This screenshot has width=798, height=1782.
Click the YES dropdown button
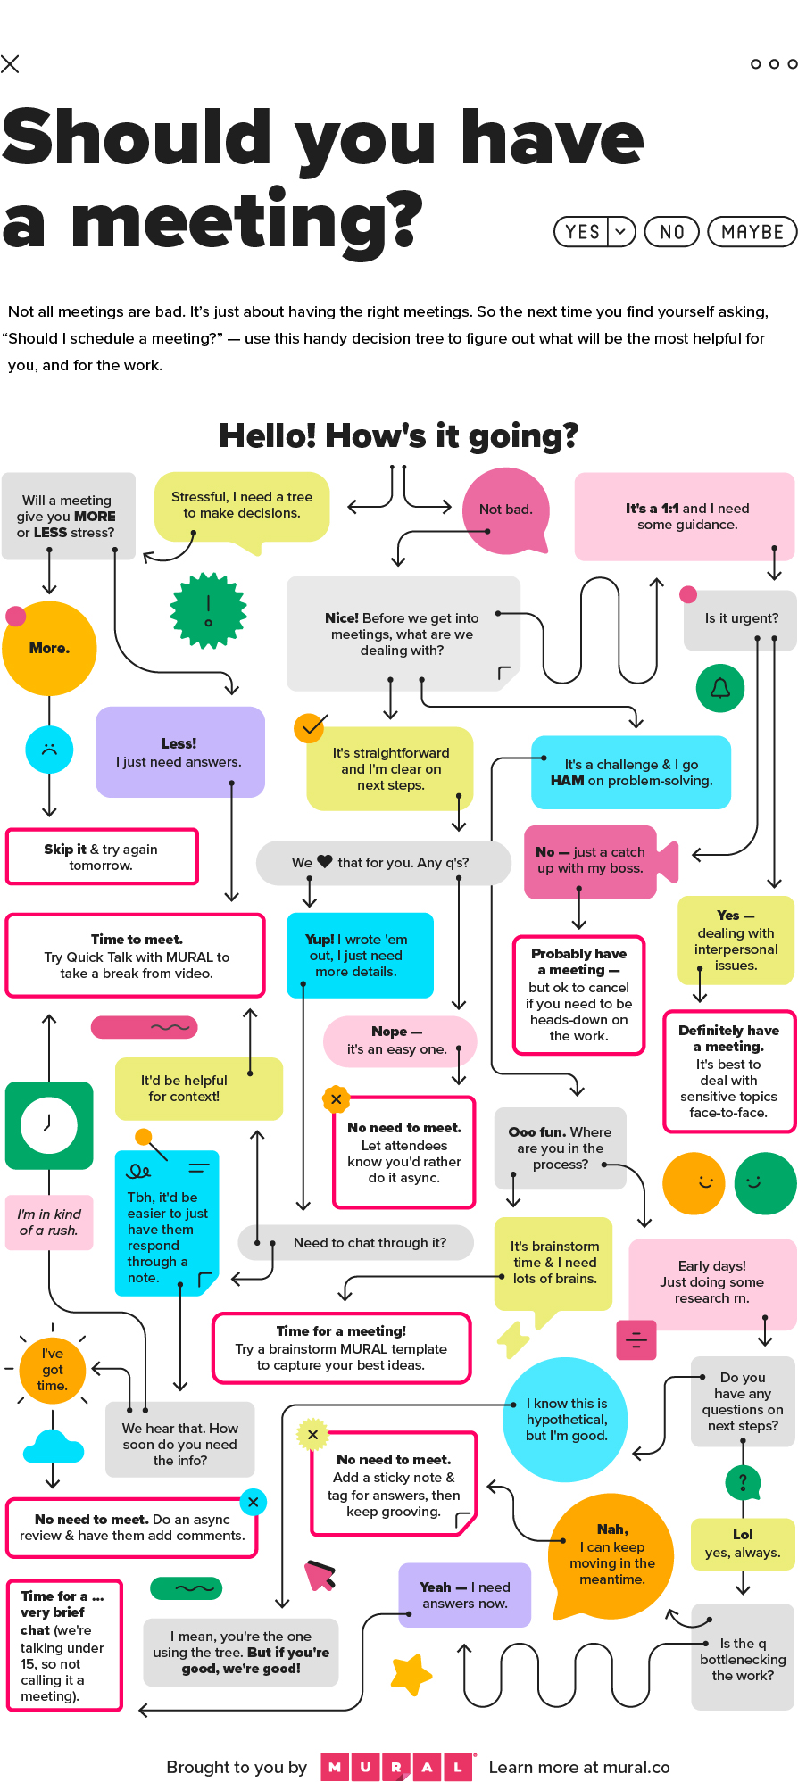point(594,232)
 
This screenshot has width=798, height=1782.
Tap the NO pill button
point(672,232)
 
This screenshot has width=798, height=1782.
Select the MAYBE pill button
point(752,232)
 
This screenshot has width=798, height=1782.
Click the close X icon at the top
point(10,63)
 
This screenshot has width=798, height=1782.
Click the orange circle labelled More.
point(49,648)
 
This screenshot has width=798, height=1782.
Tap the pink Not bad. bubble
point(505,510)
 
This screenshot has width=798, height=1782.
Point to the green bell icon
point(720,688)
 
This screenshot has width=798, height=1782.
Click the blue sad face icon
point(49,750)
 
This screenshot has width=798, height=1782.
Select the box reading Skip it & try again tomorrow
point(102,857)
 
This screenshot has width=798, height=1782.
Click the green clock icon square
point(49,1125)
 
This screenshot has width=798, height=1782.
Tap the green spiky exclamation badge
point(208,610)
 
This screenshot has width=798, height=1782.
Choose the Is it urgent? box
point(740,619)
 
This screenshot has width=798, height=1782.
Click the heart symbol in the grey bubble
point(325,862)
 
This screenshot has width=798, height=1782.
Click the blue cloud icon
point(54,1446)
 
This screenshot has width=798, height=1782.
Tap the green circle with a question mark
point(743,1483)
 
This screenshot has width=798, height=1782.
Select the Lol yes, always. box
point(743,1544)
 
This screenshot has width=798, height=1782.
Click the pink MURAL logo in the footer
point(396,1767)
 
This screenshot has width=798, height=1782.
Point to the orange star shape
point(411,1674)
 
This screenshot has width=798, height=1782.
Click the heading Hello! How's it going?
point(399,435)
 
